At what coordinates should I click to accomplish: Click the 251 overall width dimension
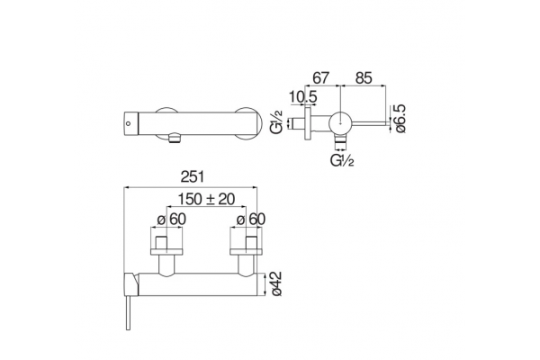(x=193, y=177)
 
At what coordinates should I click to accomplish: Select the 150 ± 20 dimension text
(x=206, y=199)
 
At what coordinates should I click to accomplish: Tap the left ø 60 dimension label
(x=172, y=220)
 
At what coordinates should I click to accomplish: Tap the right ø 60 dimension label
(x=251, y=220)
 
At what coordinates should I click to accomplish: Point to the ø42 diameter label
(x=276, y=283)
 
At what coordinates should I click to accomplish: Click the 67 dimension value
(x=320, y=78)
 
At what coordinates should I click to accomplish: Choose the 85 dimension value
(x=364, y=78)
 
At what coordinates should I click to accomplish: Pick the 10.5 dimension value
(x=302, y=97)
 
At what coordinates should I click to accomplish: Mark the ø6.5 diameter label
(x=400, y=119)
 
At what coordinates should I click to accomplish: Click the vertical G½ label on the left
(x=277, y=121)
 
